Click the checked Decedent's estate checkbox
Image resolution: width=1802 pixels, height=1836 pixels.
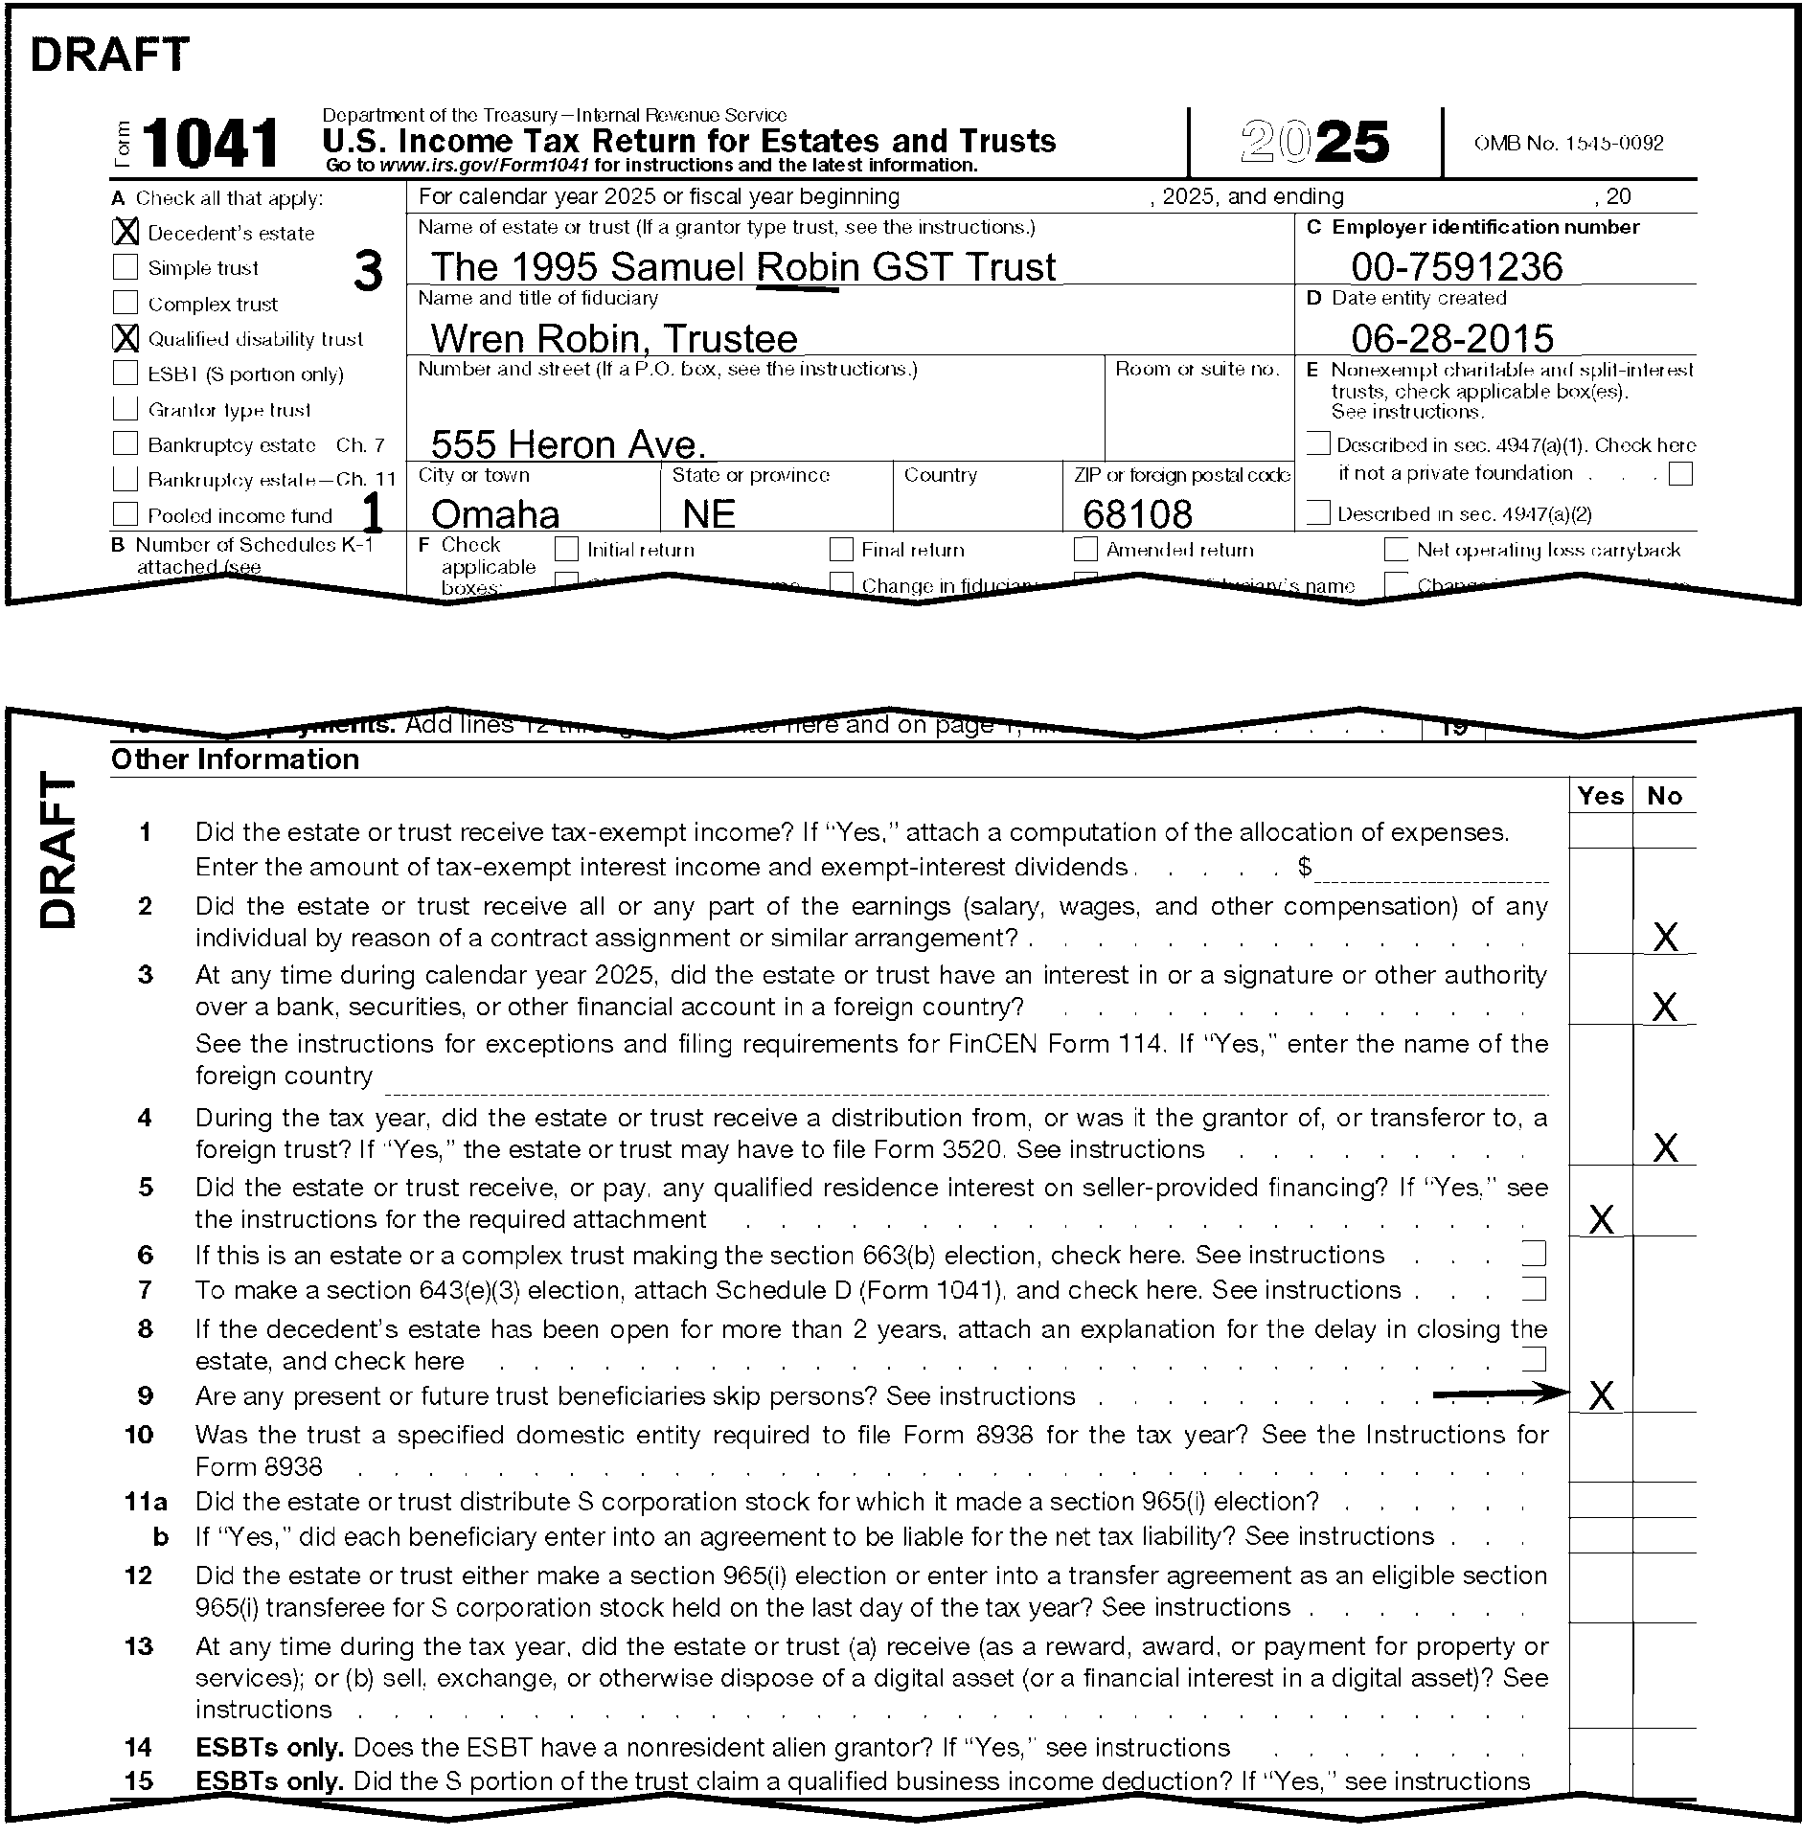[125, 232]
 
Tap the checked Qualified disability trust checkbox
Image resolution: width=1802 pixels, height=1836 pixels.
[125, 338]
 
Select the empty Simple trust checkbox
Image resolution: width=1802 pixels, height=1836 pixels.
[125, 266]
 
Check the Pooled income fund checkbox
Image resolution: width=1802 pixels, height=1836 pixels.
[125, 514]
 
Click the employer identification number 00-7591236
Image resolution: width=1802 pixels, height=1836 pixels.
[1456, 266]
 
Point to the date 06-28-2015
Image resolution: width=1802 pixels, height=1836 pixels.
[1452, 338]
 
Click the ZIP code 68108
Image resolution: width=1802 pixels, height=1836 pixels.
[1137, 514]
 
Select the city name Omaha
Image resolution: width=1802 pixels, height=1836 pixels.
[494, 514]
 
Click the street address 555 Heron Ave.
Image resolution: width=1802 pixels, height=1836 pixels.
[568, 443]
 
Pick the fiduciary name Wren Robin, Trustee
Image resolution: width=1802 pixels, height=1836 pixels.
[613, 338]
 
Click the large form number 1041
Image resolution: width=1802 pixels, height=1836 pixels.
[210, 144]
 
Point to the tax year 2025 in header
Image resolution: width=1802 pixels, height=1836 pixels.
[1314, 143]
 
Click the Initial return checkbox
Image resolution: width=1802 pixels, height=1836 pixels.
[567, 549]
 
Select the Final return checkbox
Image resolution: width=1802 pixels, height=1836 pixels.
[841, 549]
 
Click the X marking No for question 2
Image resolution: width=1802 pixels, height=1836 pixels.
[1665, 937]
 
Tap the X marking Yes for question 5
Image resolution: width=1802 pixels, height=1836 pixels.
[1601, 1219]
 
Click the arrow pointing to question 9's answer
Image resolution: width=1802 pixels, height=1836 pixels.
[1499, 1394]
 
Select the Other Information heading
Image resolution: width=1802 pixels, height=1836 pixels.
[236, 759]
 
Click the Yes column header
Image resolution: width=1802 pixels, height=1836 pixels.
[1601, 796]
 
